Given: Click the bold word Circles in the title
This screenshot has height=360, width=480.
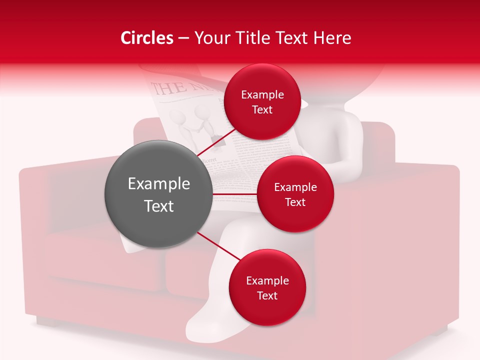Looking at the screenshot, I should [147, 38].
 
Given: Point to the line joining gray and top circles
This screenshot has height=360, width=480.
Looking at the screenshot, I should [216, 142].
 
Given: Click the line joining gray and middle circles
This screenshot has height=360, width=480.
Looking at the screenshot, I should [234, 194].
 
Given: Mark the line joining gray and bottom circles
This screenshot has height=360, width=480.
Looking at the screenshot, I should [218, 246].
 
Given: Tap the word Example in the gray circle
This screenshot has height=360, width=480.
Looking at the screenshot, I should [159, 184].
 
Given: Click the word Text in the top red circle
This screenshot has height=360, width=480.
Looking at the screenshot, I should [262, 110].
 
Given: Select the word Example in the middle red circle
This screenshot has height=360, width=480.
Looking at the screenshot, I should [295, 187].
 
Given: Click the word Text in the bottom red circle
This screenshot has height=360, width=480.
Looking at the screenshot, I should [267, 296].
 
